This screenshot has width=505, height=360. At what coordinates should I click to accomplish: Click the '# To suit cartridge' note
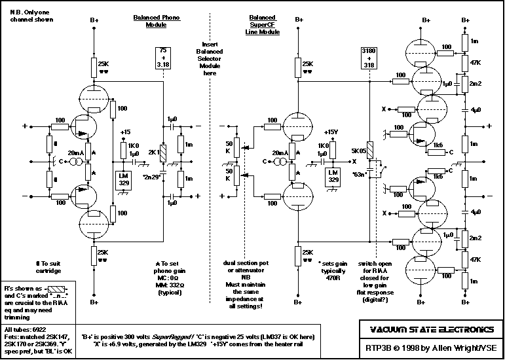pos(48,266)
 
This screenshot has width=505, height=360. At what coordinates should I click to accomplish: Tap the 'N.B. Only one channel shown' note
pos(28,15)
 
